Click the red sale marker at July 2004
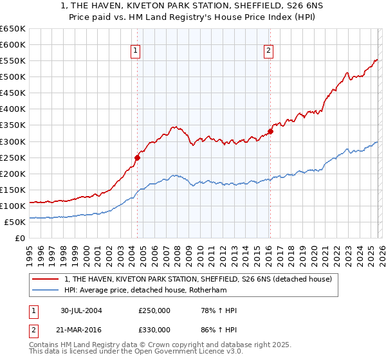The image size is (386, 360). point(137,157)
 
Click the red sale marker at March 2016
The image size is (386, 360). point(270,131)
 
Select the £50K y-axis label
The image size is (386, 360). point(14,222)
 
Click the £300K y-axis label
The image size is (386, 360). point(12,141)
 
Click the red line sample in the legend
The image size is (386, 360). point(46,279)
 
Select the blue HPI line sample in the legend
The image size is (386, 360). point(46,290)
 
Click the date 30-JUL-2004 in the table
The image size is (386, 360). point(81,310)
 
